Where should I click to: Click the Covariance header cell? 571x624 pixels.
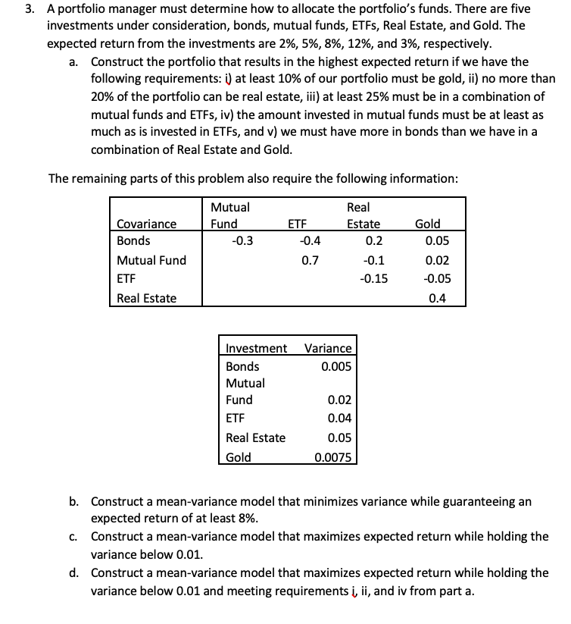pos(146,224)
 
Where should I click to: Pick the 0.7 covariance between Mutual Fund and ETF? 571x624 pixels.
pos(309,260)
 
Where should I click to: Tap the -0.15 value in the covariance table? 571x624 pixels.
pos(373,279)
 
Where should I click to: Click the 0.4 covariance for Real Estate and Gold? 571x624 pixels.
pos(437,298)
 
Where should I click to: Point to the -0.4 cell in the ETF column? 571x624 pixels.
pos(309,241)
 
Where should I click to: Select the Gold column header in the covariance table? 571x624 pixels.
pos(428,224)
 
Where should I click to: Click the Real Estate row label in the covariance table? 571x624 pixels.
pos(147,298)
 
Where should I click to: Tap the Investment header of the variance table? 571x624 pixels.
pos(256,349)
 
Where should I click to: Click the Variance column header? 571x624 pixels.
pos(327,349)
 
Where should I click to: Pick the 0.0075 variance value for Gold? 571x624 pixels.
pos(332,457)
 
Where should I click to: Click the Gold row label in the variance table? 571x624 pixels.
pos(239,457)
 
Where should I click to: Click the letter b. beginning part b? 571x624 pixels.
pos(74,501)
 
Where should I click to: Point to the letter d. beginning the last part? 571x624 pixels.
pos(74,572)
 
